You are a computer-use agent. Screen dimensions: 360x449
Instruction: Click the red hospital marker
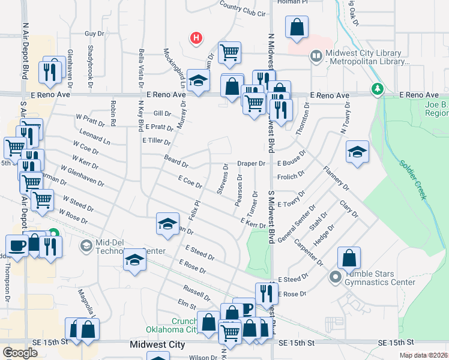point(196,39)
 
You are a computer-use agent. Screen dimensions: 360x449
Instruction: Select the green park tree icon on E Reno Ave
point(377,89)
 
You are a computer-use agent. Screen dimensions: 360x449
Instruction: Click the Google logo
point(20,352)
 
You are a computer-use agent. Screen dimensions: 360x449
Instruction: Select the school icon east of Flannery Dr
point(357,152)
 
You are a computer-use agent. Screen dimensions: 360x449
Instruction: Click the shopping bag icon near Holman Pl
point(297,27)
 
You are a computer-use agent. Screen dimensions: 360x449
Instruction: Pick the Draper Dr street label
point(251,163)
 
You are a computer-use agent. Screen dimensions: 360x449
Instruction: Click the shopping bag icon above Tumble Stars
point(349,259)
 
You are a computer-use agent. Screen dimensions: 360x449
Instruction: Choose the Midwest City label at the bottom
point(157,345)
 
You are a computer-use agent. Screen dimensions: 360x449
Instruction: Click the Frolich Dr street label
point(291,177)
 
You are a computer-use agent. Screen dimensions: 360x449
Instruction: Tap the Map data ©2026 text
point(424,355)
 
